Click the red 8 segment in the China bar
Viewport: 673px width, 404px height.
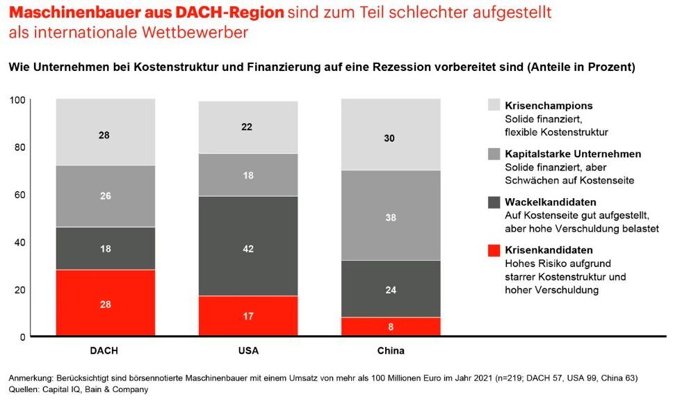pos(390,327)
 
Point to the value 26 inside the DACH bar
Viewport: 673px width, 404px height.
pos(106,196)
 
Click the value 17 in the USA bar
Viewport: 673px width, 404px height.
pos(248,316)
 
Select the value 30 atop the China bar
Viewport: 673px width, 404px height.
pos(390,138)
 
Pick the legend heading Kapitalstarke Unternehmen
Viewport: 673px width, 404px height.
pos(573,154)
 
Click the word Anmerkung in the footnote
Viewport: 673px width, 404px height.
pos(31,378)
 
